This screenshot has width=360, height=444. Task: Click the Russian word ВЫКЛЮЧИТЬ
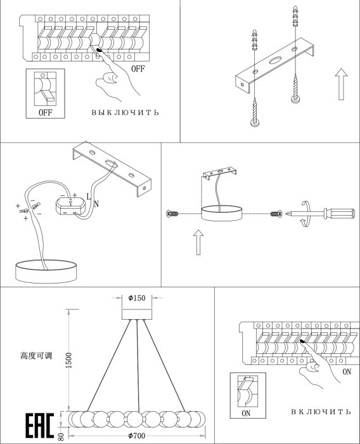click(x=125, y=112)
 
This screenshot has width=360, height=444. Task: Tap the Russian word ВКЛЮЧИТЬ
click(x=321, y=412)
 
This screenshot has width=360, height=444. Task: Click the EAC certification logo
click(x=40, y=426)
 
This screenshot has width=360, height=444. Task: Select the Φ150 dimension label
click(x=137, y=298)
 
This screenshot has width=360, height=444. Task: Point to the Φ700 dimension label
click(x=137, y=436)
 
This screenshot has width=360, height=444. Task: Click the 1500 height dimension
click(x=69, y=360)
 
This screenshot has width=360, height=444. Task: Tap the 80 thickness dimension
click(x=61, y=436)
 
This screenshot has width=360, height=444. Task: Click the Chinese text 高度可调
click(x=36, y=356)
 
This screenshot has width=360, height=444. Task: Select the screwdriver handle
click(x=339, y=214)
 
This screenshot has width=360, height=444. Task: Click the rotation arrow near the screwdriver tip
click(x=305, y=214)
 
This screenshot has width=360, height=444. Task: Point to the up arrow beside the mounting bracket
click(x=342, y=84)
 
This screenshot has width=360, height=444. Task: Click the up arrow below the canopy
click(x=198, y=242)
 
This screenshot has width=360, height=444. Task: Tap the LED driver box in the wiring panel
click(x=70, y=206)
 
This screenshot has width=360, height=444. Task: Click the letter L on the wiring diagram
click(x=89, y=196)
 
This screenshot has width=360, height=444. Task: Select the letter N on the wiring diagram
click(x=96, y=204)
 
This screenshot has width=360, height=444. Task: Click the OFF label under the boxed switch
click(x=45, y=112)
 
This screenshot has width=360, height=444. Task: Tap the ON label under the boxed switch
click(x=246, y=414)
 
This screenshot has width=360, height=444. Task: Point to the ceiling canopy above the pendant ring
click(x=137, y=315)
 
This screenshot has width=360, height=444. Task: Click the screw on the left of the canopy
click(x=172, y=214)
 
